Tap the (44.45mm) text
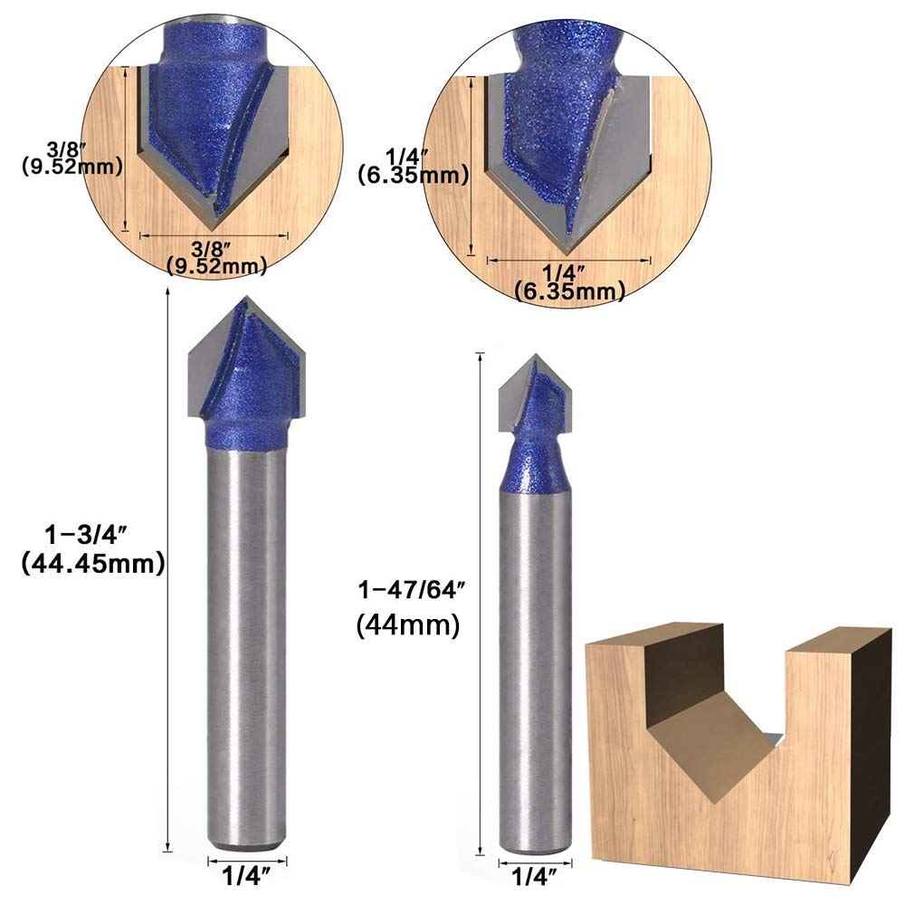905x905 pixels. click(x=93, y=564)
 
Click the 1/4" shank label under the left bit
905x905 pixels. click(x=246, y=878)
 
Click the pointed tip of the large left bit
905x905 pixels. click(x=247, y=297)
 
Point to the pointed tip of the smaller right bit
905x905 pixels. click(x=537, y=356)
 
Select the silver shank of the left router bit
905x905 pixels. click(x=246, y=646)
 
